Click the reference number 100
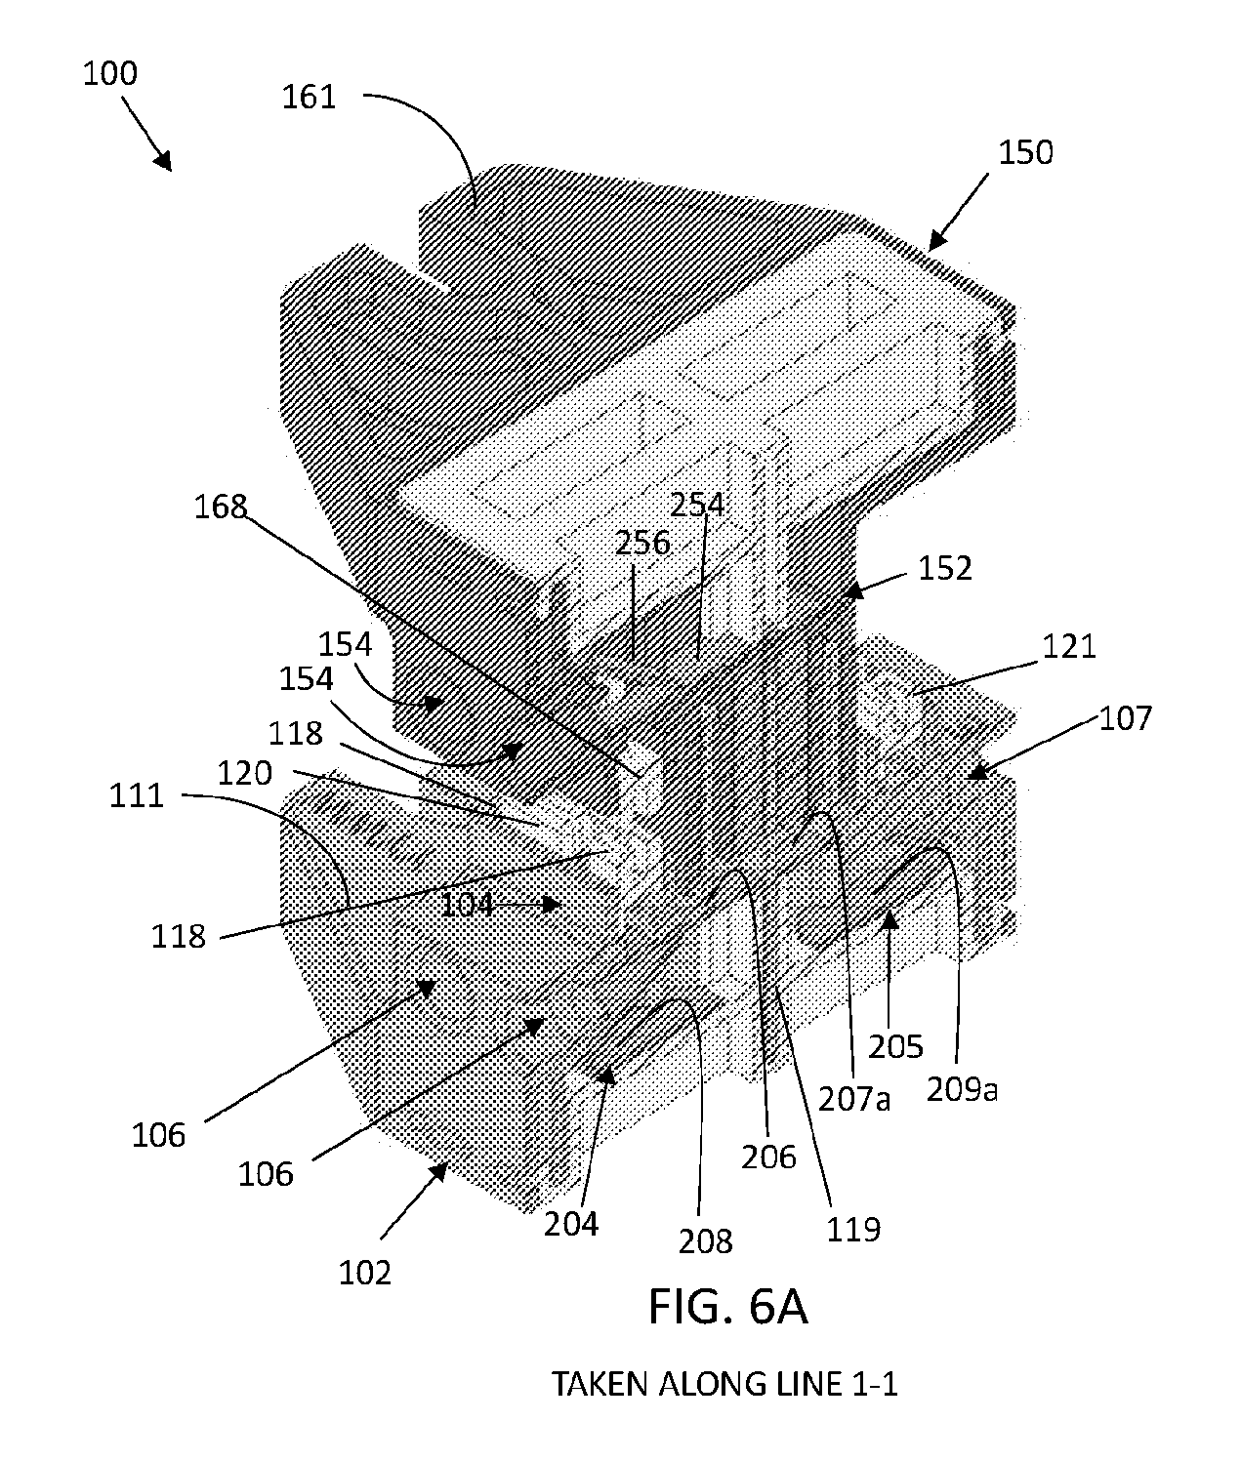tap(109, 73)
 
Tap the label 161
tap(309, 97)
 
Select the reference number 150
tap(1025, 153)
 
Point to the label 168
tap(221, 507)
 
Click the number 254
tap(697, 505)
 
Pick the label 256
tap(642, 544)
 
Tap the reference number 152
tap(945, 569)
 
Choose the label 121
tap(1069, 646)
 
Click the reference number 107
tap(1126, 718)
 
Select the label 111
tap(136, 796)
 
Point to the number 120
tap(244, 774)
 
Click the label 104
tap(467, 905)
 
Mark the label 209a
tap(962, 1090)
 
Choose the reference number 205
tap(895, 1047)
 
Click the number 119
tap(853, 1231)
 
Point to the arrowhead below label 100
tap(163, 161)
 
